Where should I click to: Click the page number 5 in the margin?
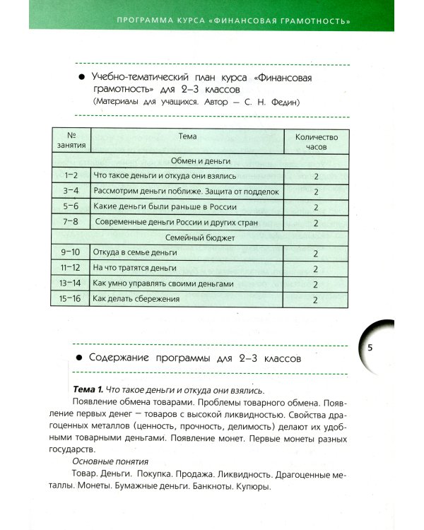371,348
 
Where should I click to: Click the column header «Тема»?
187,136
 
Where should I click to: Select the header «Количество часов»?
316,141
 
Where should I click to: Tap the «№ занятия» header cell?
71,141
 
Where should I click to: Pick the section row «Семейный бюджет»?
200,238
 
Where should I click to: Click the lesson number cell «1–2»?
71,175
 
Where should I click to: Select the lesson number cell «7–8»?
71,223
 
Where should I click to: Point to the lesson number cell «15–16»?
71,299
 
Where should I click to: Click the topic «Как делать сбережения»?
136,299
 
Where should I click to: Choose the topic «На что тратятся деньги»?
134,269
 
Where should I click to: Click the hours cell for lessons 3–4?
316,192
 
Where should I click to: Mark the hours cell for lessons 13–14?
316,283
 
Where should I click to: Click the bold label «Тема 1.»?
88,390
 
